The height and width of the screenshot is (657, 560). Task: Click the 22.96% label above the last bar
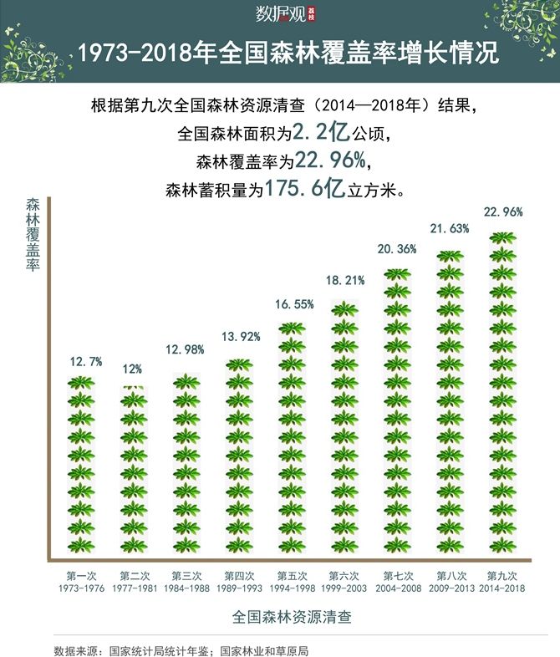(504, 212)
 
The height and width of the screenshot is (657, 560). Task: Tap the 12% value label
(134, 369)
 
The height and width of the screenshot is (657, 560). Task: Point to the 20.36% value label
(398, 249)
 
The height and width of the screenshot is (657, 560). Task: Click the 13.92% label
(241, 337)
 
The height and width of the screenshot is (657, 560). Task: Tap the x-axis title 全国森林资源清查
(292, 619)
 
